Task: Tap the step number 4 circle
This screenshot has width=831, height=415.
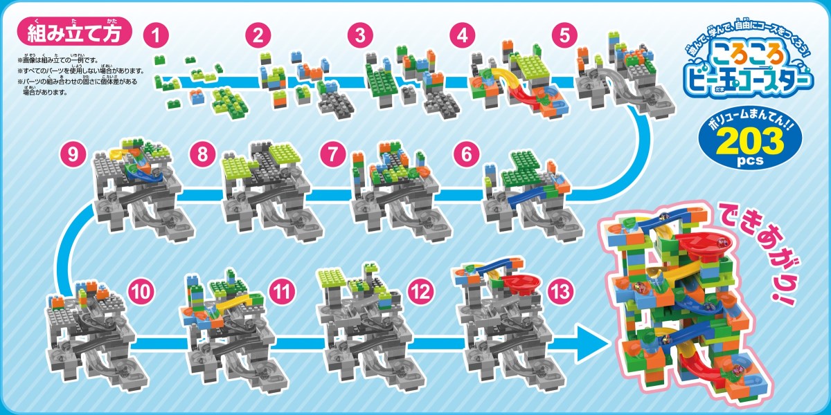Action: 462,35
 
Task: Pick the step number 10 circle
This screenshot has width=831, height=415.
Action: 142,292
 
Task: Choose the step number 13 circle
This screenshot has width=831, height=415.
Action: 559,292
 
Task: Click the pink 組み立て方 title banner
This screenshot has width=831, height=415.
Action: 75,33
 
